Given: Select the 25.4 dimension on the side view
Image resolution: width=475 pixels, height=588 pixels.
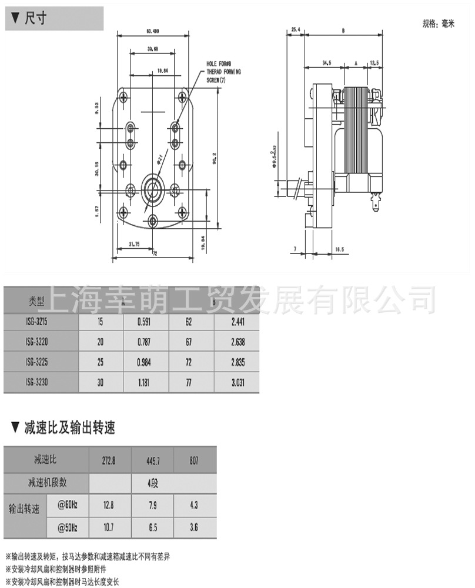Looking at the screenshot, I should [x=296, y=29].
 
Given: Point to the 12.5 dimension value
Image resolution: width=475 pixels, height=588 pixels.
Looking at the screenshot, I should [x=374, y=62].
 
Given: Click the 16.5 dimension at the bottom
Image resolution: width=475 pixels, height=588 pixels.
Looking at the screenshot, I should [x=339, y=249].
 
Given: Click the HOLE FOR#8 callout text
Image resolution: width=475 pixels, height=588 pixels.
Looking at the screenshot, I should [x=219, y=64].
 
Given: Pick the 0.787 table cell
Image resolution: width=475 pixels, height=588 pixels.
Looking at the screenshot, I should [x=145, y=342].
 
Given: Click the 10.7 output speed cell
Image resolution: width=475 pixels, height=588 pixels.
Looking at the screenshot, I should [x=109, y=528].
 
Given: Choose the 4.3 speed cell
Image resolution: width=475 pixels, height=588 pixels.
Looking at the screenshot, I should [x=195, y=505].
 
